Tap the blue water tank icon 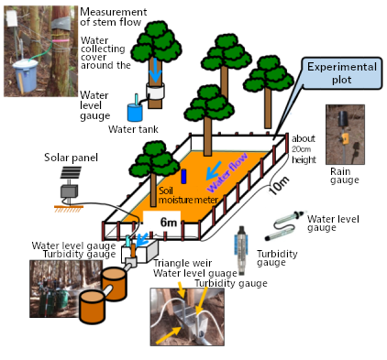(133, 111)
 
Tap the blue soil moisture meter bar (182, 175)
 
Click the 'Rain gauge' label (346, 175)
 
